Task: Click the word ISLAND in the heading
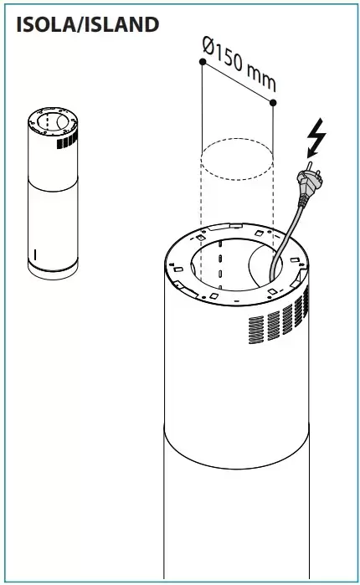point(120,25)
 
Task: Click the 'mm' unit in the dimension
point(261,79)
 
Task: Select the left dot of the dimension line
point(203,62)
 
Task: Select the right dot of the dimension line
point(273,102)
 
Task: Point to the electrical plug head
point(308,182)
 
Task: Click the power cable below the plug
point(288,239)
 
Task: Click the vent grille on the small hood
point(67,141)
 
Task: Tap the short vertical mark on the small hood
point(35,254)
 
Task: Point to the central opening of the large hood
point(236,265)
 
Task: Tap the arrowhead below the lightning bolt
point(311,152)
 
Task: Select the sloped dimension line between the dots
point(238,82)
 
